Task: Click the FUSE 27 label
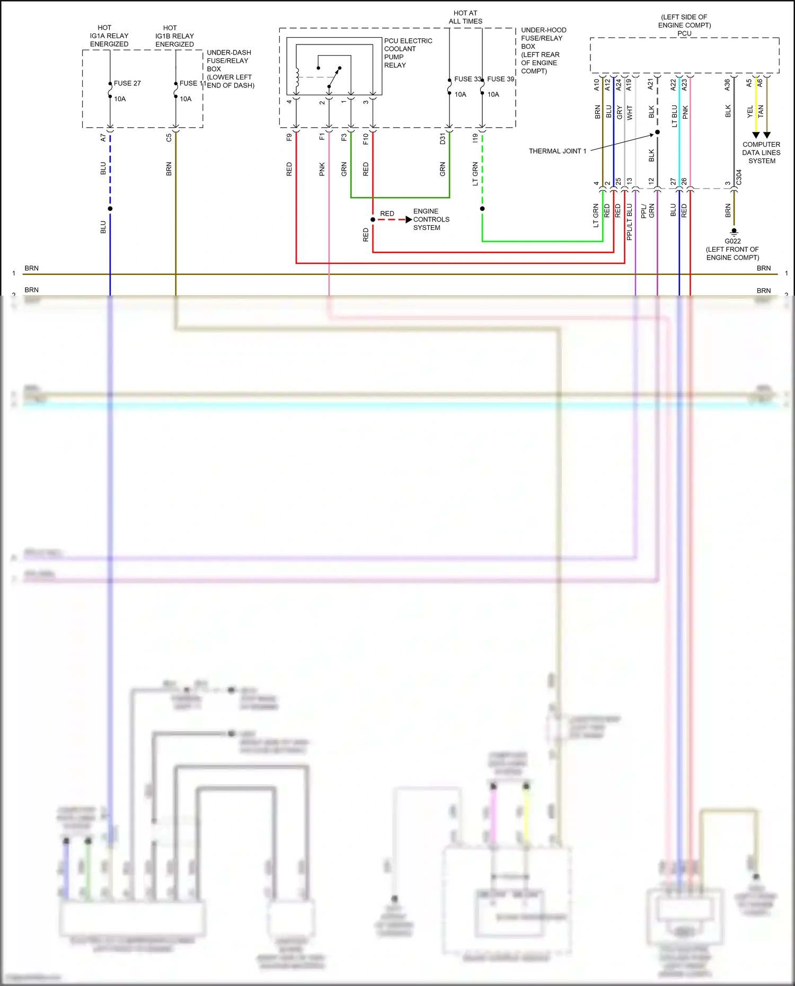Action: click(x=127, y=83)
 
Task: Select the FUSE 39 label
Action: click(x=500, y=79)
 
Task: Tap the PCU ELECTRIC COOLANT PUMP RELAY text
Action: click(x=408, y=53)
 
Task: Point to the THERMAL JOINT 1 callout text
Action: click(x=557, y=151)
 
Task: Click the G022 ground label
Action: click(x=732, y=241)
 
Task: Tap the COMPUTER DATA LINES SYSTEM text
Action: click(x=761, y=153)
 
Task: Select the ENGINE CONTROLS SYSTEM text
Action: click(x=431, y=219)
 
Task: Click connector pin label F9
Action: click(x=289, y=137)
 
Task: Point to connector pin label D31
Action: click(x=443, y=139)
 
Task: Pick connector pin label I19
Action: click(x=475, y=138)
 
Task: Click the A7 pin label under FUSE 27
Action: click(x=103, y=137)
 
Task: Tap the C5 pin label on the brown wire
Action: click(x=169, y=137)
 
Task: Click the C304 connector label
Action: click(x=739, y=177)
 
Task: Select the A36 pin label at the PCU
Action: click(x=727, y=84)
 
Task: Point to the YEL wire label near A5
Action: click(x=749, y=111)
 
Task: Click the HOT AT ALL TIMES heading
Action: click(x=465, y=17)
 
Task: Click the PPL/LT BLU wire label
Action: click(x=630, y=222)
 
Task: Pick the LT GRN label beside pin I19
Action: click(x=475, y=173)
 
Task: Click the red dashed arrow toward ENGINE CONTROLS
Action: click(x=394, y=219)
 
